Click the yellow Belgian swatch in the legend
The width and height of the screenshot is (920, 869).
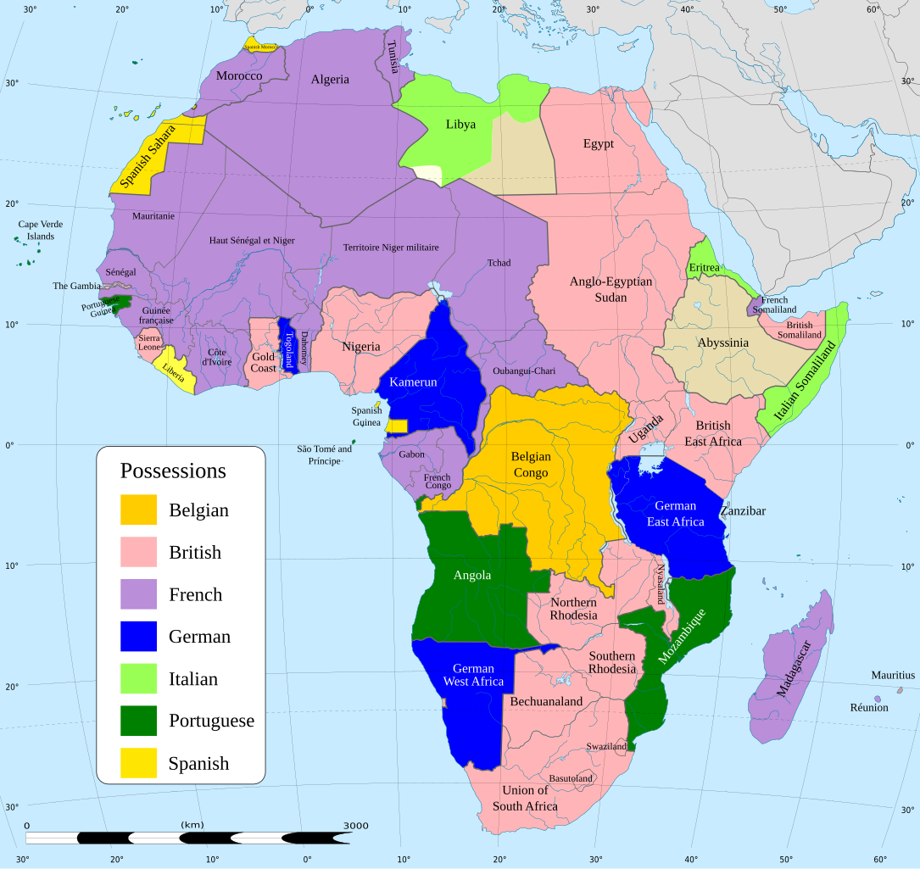point(138,510)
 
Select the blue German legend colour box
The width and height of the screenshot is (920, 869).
point(138,637)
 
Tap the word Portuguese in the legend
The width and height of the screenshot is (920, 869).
point(211,721)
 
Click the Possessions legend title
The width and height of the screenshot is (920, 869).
point(173,471)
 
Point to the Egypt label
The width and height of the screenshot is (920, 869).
point(598,143)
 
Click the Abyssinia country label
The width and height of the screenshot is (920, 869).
point(722,343)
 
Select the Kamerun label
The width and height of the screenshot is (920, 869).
point(413,382)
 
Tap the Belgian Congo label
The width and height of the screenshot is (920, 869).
point(531,464)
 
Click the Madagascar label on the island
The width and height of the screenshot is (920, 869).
point(793,668)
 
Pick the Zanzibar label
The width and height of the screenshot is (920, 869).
point(743,511)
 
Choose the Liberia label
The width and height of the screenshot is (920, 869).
point(174,370)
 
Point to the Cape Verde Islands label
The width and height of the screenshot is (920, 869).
point(40,231)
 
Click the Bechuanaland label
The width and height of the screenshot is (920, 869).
point(546,701)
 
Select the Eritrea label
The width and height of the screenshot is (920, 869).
point(704,268)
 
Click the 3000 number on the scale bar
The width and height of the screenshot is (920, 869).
point(355,825)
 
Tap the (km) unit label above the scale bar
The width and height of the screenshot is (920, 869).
point(192,824)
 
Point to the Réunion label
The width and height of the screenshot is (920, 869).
point(869,707)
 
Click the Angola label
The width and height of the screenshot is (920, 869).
point(472,575)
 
